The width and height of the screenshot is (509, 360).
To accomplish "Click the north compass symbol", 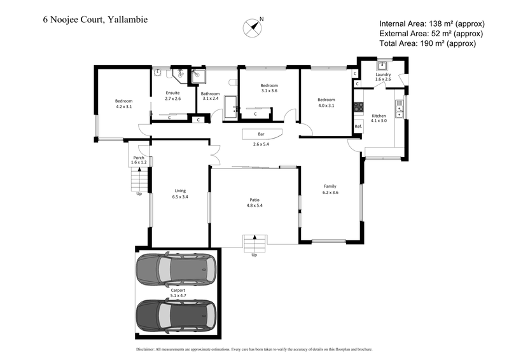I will pos(253,27).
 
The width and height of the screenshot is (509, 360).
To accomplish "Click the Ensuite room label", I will pos(172,93).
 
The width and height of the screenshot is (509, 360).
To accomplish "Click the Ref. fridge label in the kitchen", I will pos(358,127).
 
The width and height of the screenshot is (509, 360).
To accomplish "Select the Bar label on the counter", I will pos(261,134).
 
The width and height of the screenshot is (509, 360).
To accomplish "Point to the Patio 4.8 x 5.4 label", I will pos(254,202).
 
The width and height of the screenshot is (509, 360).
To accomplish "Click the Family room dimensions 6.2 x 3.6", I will pos(330,192).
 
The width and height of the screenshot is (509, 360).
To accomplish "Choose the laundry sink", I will pos(382,64).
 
